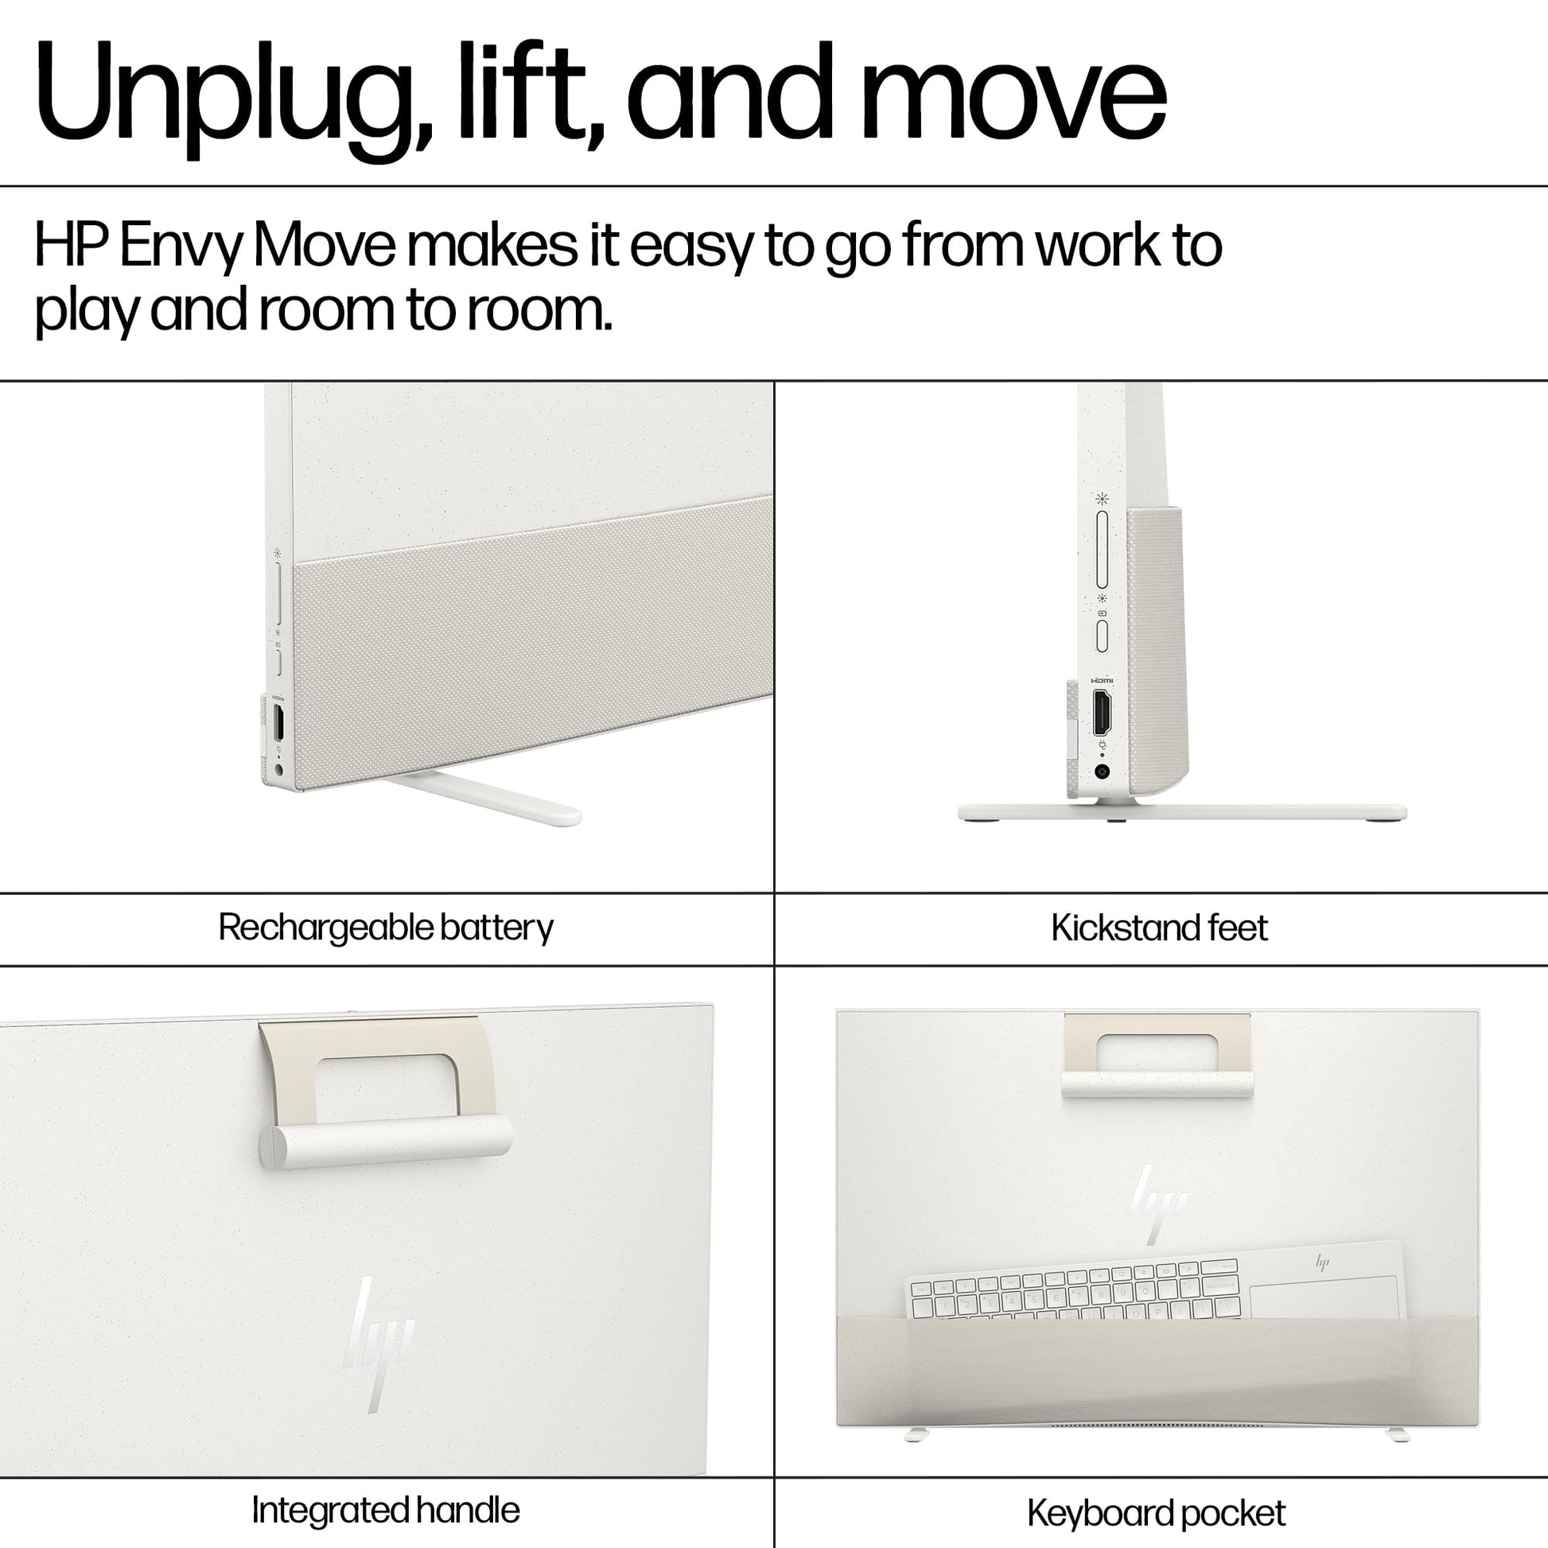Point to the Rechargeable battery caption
tap(385, 928)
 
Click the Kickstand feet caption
tap(1159, 928)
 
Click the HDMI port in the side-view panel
tap(1103, 712)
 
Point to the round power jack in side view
tap(1103, 772)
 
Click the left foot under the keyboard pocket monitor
tap(915, 1434)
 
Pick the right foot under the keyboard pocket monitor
tap(1398, 1434)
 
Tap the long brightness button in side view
tap(1102, 549)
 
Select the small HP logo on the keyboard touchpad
tap(1322, 1263)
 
